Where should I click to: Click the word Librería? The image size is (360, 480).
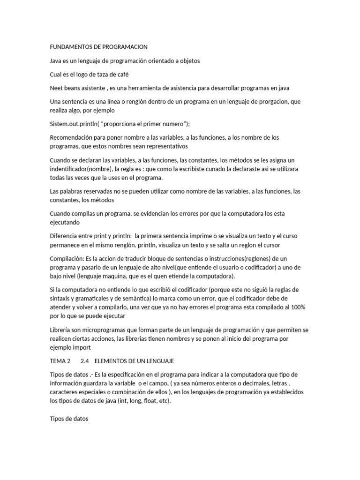pos(61,330)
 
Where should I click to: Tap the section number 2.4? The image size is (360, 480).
pos(84,361)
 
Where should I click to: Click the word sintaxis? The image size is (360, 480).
pos(61,298)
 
